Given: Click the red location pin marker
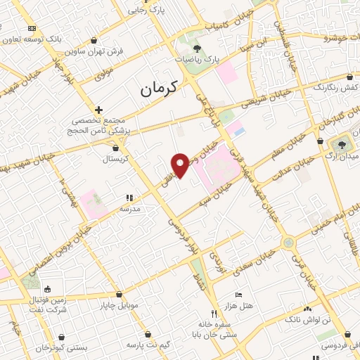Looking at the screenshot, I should [x=181, y=165].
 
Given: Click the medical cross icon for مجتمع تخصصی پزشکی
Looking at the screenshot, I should [x=98, y=110].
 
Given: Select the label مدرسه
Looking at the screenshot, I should [x=131, y=209].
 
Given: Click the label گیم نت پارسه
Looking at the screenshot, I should [x=148, y=346].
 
